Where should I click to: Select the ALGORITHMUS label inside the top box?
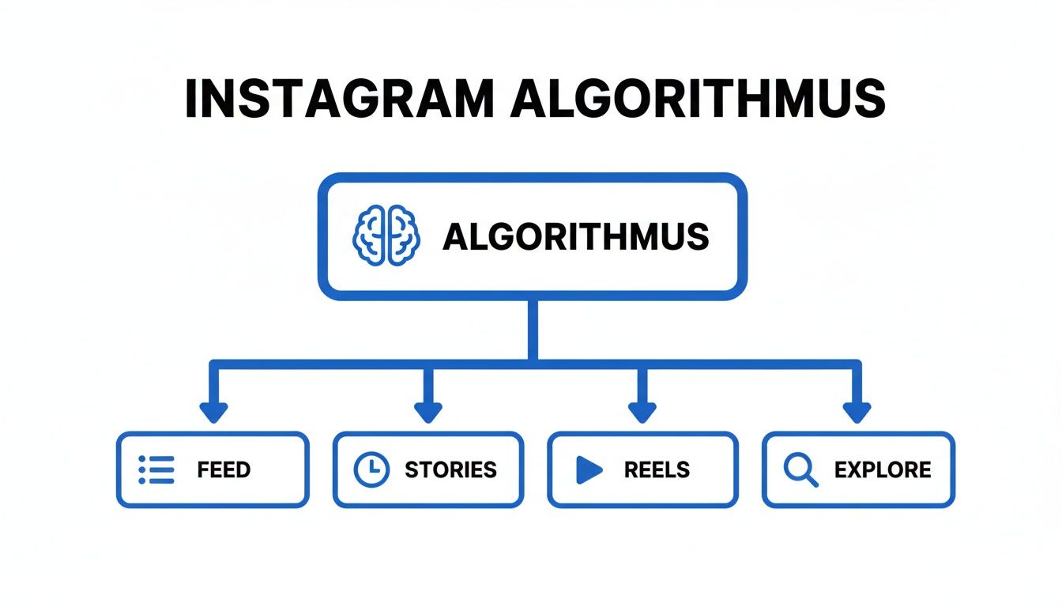[575, 236]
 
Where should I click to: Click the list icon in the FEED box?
[156, 469]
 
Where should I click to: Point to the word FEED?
[224, 469]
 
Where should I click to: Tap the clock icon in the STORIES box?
[371, 469]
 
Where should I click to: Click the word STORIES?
[450, 469]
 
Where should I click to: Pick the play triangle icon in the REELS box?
[589, 469]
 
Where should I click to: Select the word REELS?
[657, 469]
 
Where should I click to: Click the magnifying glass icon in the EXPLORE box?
[800, 469]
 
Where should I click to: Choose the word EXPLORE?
[883, 469]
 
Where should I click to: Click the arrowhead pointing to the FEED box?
[213, 413]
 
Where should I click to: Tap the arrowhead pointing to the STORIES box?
[428, 413]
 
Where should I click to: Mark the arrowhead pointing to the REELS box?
[642, 413]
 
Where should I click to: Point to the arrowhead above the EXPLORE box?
[857, 413]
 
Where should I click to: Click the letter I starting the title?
[190, 100]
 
